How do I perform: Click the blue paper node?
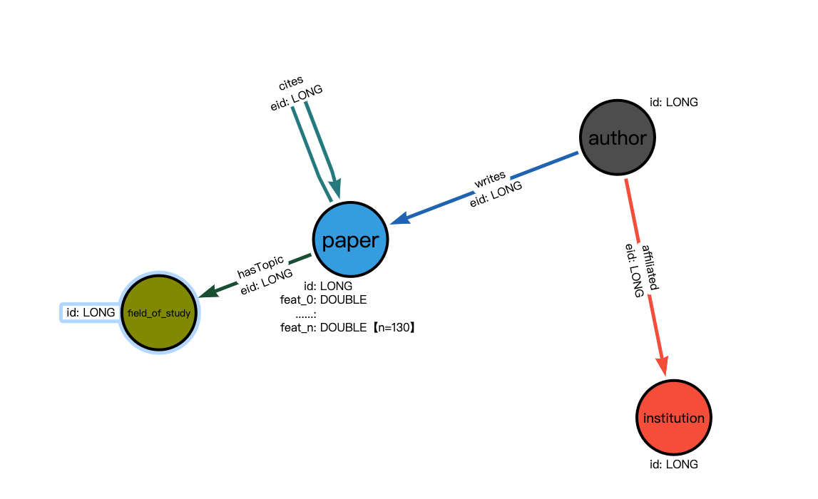pos(350,240)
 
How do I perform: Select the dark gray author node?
pos(617,138)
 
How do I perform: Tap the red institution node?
pos(673,418)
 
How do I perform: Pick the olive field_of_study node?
pos(159,313)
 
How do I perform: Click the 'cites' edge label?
pos(290,81)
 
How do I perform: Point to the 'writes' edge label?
pos(490,176)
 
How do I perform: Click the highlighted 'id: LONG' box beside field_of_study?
pos(91,312)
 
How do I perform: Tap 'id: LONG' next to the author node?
pos(673,102)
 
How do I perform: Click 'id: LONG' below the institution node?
pos(673,464)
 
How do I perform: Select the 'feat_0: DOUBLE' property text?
pos(323,299)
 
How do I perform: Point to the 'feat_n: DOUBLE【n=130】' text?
pos(347,327)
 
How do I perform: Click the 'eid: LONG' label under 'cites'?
pos(296,98)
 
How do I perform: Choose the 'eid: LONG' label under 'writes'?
pos(496,193)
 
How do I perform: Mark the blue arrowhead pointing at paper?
pos(397,219)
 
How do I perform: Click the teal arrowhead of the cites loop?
pos(336,187)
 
